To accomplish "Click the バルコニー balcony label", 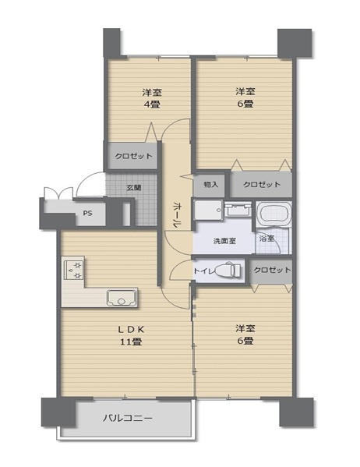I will (x=128, y=418).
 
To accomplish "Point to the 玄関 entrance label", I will (x=134, y=187).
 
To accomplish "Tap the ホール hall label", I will (x=177, y=213).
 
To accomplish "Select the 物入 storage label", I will (x=210, y=185).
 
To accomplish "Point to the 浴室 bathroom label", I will (x=267, y=238).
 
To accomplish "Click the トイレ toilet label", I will (x=205, y=271).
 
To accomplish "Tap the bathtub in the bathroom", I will (x=274, y=214).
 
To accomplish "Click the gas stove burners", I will (x=72, y=270).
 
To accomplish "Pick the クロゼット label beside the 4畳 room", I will (x=133, y=156).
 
